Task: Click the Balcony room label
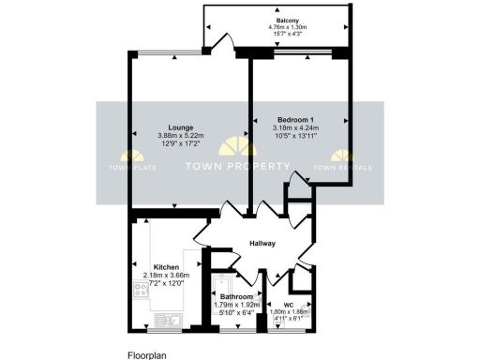tap(288, 20)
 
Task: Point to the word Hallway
tap(262, 244)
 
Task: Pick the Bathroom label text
tap(236, 296)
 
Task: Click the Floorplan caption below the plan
tap(148, 355)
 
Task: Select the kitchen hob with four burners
tap(141, 291)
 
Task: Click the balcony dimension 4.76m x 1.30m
tap(288, 27)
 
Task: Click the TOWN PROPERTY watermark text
tap(237, 167)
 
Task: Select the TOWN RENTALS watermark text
tap(342, 168)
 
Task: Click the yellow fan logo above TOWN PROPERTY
tap(237, 147)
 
